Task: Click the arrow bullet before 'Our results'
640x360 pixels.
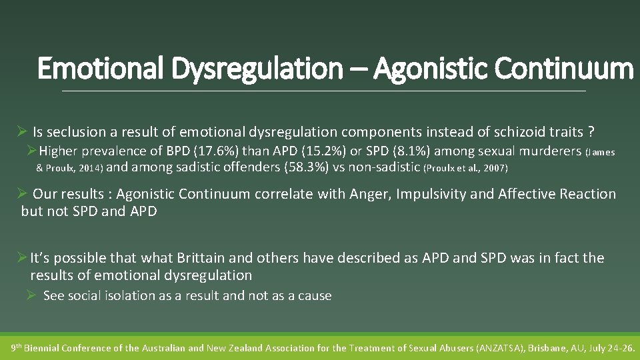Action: [x=21, y=194]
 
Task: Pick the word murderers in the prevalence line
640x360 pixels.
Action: [x=551, y=151]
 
